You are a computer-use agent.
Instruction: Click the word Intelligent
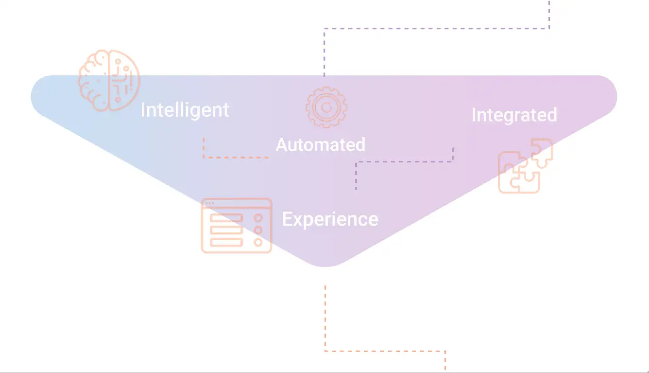[185, 110]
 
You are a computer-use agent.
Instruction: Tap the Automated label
[321, 145]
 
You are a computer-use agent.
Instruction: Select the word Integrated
[514, 115]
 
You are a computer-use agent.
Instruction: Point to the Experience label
[330, 219]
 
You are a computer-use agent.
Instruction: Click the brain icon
[109, 80]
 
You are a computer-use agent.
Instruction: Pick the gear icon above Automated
[326, 107]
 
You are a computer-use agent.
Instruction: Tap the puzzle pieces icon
[525, 166]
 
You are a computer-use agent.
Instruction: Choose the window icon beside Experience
[237, 226]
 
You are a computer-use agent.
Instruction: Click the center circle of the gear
[326, 107]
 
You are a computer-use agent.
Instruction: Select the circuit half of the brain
[124, 80]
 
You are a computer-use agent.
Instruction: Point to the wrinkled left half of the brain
[94, 80]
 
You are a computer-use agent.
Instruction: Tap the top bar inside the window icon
[226, 218]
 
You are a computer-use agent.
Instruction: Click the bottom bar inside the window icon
[226, 242]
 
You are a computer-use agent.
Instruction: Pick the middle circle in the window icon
[258, 230]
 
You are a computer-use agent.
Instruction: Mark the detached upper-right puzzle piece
[542, 153]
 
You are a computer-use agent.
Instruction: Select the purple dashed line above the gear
[437, 28]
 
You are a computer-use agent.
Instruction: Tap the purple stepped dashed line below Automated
[405, 161]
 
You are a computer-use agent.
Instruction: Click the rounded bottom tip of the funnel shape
[324, 266]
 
